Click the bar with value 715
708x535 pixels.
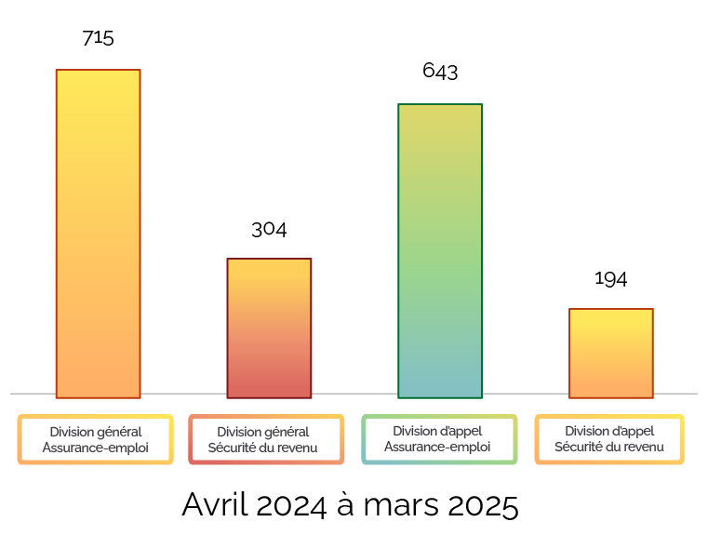(x=98, y=233)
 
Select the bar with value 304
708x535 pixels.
(x=269, y=328)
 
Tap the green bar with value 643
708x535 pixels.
(x=440, y=250)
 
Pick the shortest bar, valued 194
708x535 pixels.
(x=610, y=353)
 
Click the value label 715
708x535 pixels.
(x=98, y=38)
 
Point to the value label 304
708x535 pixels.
(x=269, y=229)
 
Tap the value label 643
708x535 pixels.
(x=440, y=72)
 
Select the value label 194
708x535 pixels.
(x=610, y=279)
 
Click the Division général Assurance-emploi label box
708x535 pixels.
(x=96, y=439)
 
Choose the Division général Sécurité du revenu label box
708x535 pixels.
(x=263, y=439)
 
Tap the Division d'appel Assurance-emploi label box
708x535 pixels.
(x=438, y=439)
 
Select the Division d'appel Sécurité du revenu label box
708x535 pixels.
(x=609, y=439)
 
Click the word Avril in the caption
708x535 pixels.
(x=213, y=505)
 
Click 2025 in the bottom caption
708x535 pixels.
(x=482, y=505)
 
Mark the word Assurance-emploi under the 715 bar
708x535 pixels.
(x=96, y=448)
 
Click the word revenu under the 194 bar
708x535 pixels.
(x=640, y=448)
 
